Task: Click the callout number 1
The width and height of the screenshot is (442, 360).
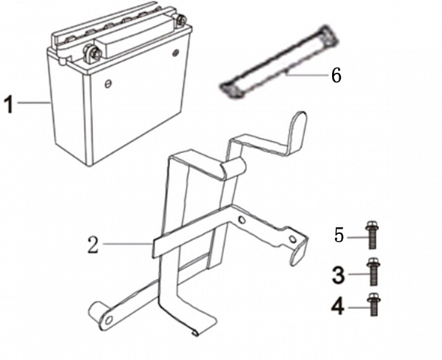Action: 9,104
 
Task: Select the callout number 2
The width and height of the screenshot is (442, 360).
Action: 94,244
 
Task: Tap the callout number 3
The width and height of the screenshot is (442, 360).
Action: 338,275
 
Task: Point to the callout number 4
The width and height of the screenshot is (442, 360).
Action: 337,307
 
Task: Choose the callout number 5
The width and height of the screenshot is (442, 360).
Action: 339,235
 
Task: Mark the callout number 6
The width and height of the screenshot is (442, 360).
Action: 336,75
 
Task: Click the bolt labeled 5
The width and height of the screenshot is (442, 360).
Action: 372,235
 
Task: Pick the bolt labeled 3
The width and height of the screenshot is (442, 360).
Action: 372,271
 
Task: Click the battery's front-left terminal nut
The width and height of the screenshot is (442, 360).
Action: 92,52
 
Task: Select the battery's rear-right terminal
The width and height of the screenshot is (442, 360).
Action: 181,20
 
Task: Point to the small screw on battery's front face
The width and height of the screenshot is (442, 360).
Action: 107,83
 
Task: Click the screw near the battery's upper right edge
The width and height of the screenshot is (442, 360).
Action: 176,52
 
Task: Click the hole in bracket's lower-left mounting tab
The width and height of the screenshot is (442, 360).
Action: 109,320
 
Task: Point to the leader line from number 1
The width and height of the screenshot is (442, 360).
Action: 34,103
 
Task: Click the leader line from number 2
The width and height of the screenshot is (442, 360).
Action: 127,244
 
